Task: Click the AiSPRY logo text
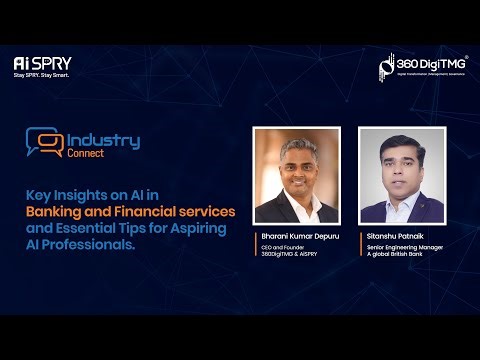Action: pyautogui.click(x=43, y=62)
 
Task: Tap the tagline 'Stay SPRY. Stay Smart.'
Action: pyautogui.click(x=43, y=74)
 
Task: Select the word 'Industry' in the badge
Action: pyautogui.click(x=103, y=140)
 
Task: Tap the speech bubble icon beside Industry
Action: pyautogui.click(x=44, y=144)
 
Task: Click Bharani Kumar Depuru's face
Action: pyautogui.click(x=296, y=165)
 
